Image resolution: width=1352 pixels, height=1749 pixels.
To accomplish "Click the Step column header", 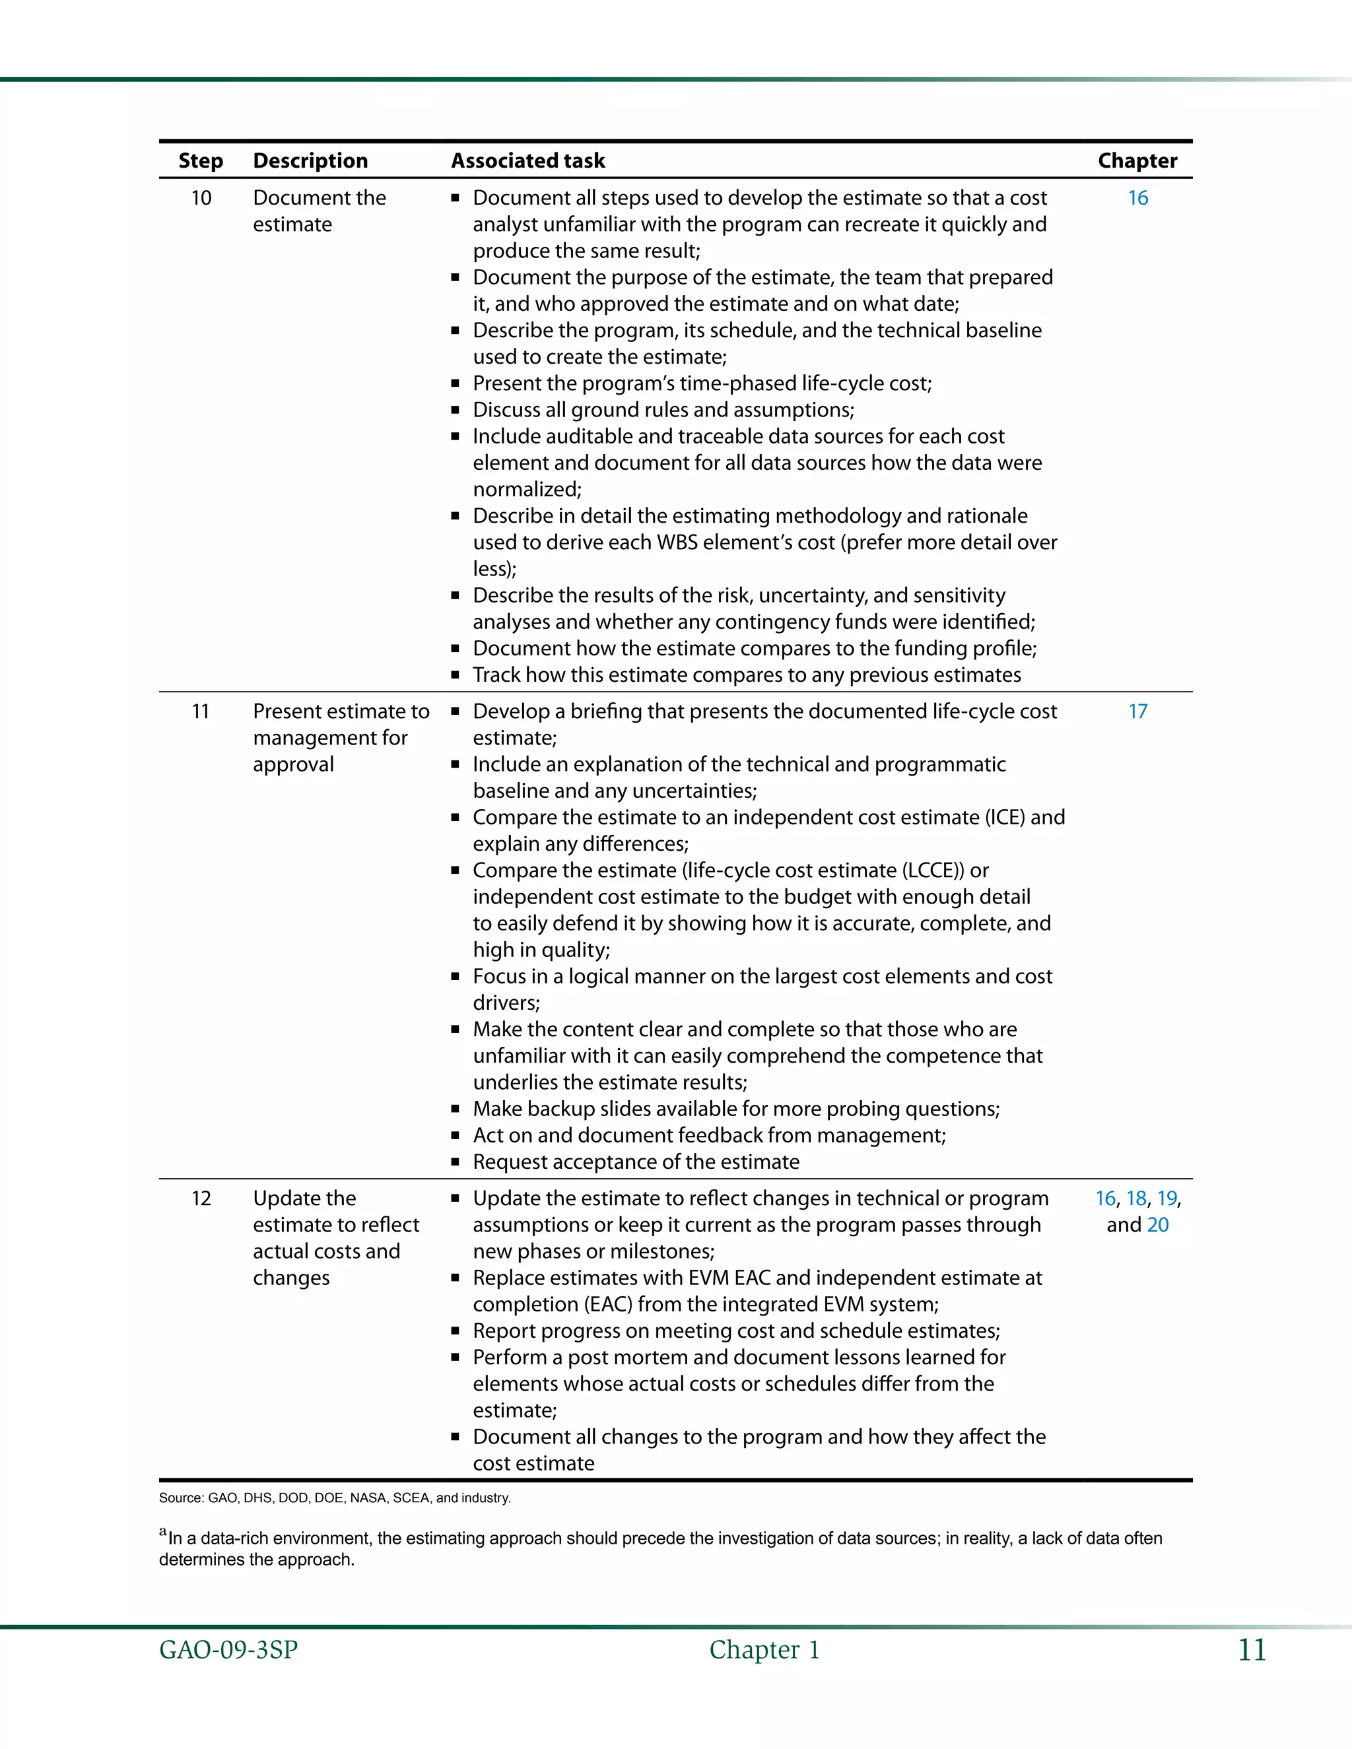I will tap(200, 161).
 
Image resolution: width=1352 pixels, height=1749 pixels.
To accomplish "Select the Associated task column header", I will tap(528, 161).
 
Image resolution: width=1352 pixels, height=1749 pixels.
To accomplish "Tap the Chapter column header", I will tap(1137, 161).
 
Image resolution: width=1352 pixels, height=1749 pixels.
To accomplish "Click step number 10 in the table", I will tap(201, 198).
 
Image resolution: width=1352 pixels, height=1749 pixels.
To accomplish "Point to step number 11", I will tap(200, 711).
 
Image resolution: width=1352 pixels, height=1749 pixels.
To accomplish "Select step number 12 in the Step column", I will tap(201, 1198).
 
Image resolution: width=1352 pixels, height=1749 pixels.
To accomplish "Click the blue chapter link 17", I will tap(1137, 711).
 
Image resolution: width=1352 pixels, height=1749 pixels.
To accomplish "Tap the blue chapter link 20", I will tap(1157, 1224).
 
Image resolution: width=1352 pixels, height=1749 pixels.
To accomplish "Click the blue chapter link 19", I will tap(1167, 1198).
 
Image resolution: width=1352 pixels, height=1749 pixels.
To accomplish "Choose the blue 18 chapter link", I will tap(1135, 1198).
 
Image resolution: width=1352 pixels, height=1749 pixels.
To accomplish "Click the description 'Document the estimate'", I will tap(319, 211).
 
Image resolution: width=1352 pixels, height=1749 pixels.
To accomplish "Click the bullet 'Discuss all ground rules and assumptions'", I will tap(663, 410).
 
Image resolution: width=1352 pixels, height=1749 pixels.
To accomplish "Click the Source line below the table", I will tap(334, 1498).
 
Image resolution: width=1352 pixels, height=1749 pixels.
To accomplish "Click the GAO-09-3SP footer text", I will tap(228, 1650).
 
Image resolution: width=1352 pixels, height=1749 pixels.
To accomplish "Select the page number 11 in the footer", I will tap(1252, 1650).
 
